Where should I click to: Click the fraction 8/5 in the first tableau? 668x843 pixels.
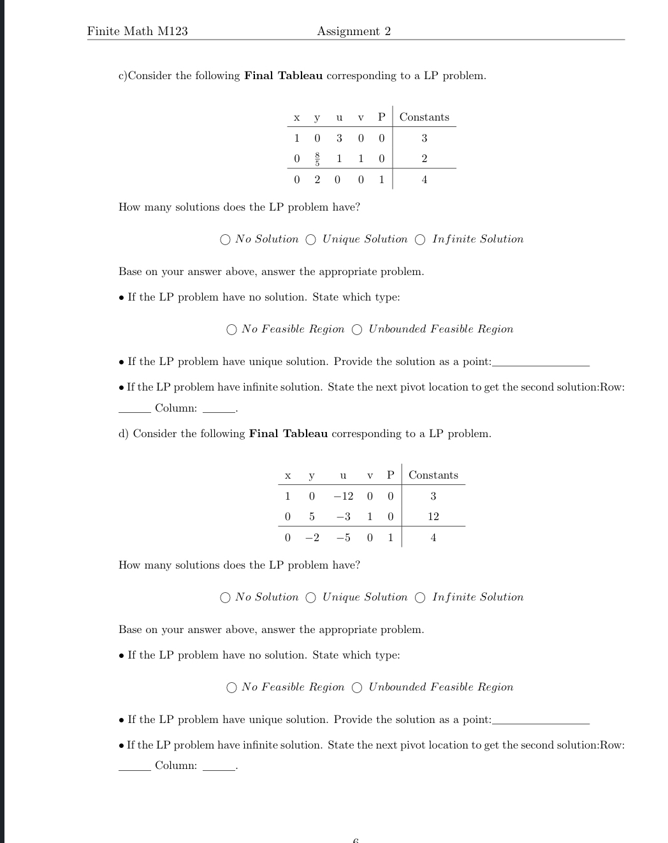coord(317,159)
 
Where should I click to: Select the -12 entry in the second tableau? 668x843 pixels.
coord(343,496)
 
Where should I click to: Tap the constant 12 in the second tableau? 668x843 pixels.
coord(433,516)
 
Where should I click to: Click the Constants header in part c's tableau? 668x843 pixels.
coord(424,117)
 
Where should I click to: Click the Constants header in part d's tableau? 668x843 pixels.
coord(433,475)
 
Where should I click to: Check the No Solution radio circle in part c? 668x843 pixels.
coord(225,240)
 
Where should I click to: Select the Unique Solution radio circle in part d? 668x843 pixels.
coord(311,598)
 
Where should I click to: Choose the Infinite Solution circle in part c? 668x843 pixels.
coord(421,240)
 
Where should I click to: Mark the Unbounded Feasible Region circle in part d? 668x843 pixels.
coord(357,687)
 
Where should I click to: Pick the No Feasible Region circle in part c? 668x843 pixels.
coord(231,330)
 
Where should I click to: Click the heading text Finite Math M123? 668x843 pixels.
coord(138,31)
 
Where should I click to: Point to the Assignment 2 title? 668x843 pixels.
coord(354,31)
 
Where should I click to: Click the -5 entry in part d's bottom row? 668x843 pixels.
coord(343,537)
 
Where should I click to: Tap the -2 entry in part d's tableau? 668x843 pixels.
coord(312,537)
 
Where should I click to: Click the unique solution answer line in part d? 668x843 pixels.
coord(541,722)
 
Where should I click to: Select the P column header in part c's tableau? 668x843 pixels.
coord(381,117)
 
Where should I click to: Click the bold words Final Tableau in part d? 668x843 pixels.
coord(288,434)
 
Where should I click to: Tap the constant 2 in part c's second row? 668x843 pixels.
coord(425,159)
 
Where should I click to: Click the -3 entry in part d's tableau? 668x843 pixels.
coord(343,516)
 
